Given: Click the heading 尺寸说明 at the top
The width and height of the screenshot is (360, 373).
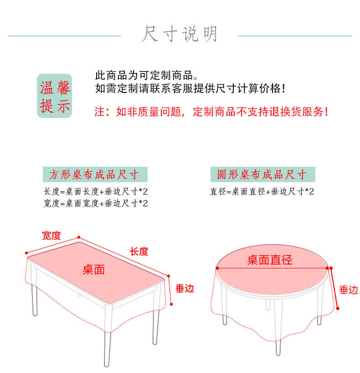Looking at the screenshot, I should click(x=180, y=35).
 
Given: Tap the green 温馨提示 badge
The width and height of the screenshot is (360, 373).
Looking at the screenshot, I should click(x=55, y=96).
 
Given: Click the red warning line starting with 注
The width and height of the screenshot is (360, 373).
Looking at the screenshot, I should click(x=211, y=112).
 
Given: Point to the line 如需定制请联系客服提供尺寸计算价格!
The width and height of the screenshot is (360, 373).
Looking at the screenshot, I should click(x=190, y=88).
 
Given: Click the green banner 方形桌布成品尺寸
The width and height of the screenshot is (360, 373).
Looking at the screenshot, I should click(x=93, y=174).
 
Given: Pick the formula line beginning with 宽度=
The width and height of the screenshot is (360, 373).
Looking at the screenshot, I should click(x=96, y=203).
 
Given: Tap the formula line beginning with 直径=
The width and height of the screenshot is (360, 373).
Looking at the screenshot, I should click(x=262, y=192).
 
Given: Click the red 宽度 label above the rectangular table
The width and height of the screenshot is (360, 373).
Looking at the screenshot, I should click(x=51, y=235).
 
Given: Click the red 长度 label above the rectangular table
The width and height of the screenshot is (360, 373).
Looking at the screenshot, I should click(x=139, y=251).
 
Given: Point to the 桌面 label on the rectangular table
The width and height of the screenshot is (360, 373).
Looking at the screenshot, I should click(x=93, y=270).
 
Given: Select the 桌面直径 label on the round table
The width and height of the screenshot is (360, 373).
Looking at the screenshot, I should click(x=269, y=260).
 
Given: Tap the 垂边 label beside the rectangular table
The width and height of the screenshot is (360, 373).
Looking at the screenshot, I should click(x=185, y=288).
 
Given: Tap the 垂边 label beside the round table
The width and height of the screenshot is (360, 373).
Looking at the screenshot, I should click(x=349, y=290).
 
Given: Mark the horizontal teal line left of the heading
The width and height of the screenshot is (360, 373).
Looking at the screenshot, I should click(x=65, y=36).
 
